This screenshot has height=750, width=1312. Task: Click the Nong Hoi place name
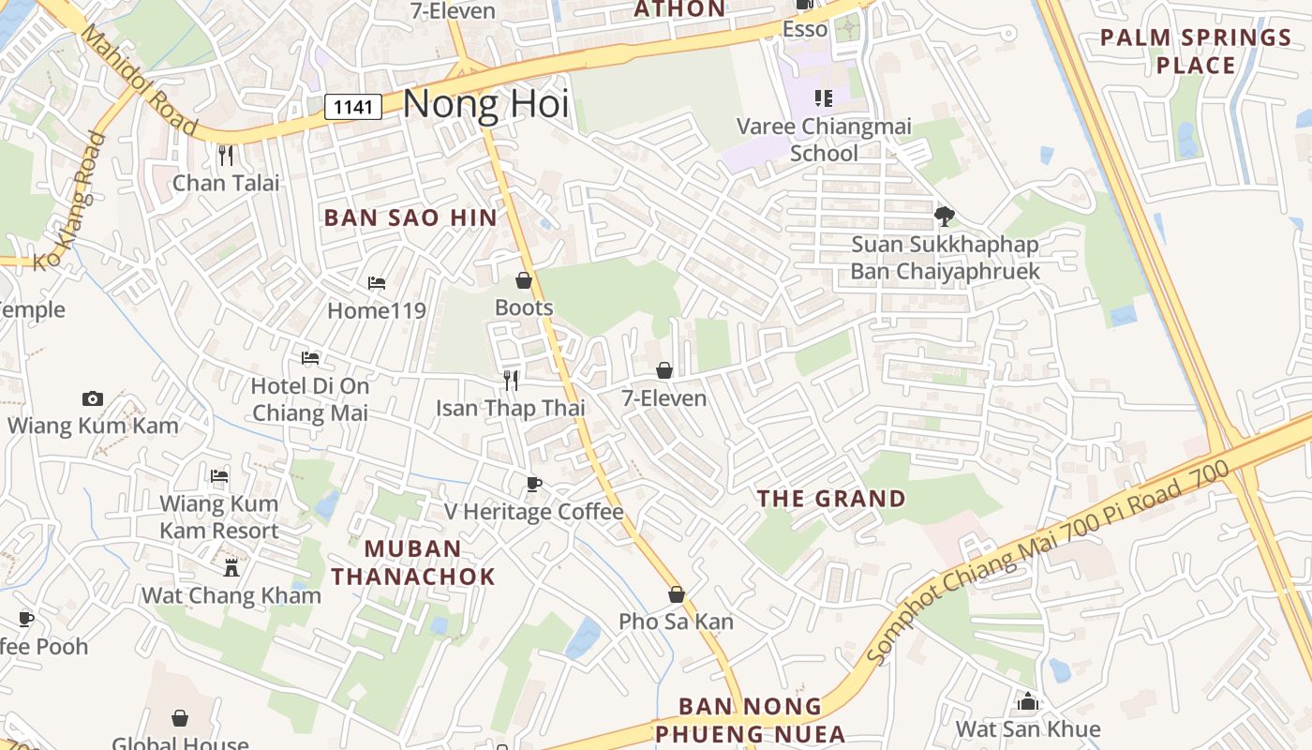485,103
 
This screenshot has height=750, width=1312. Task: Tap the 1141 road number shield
353,107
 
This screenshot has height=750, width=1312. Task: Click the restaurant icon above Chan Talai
225,155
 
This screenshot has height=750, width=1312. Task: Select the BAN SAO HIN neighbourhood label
410,217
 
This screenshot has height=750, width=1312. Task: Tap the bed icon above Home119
377,282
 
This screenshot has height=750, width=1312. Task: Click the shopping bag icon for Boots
524,280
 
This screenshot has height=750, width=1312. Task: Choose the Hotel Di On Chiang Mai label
310,399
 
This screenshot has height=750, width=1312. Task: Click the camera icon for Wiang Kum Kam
92,398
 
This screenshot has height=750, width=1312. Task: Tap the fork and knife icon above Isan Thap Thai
511,380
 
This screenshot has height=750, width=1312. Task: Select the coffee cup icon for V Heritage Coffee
533,484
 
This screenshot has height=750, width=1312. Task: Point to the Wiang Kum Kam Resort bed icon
219,476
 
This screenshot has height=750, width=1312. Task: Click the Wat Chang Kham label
231,595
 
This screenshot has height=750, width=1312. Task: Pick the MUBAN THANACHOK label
413,562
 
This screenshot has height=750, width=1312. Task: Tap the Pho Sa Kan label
676,622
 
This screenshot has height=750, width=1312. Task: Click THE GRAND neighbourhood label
831,499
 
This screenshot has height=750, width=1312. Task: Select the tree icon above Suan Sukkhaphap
945,217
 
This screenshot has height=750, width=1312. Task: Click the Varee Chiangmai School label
824,140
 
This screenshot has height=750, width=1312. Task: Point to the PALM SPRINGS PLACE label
1196,52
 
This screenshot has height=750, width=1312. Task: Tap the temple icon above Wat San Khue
1028,701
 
